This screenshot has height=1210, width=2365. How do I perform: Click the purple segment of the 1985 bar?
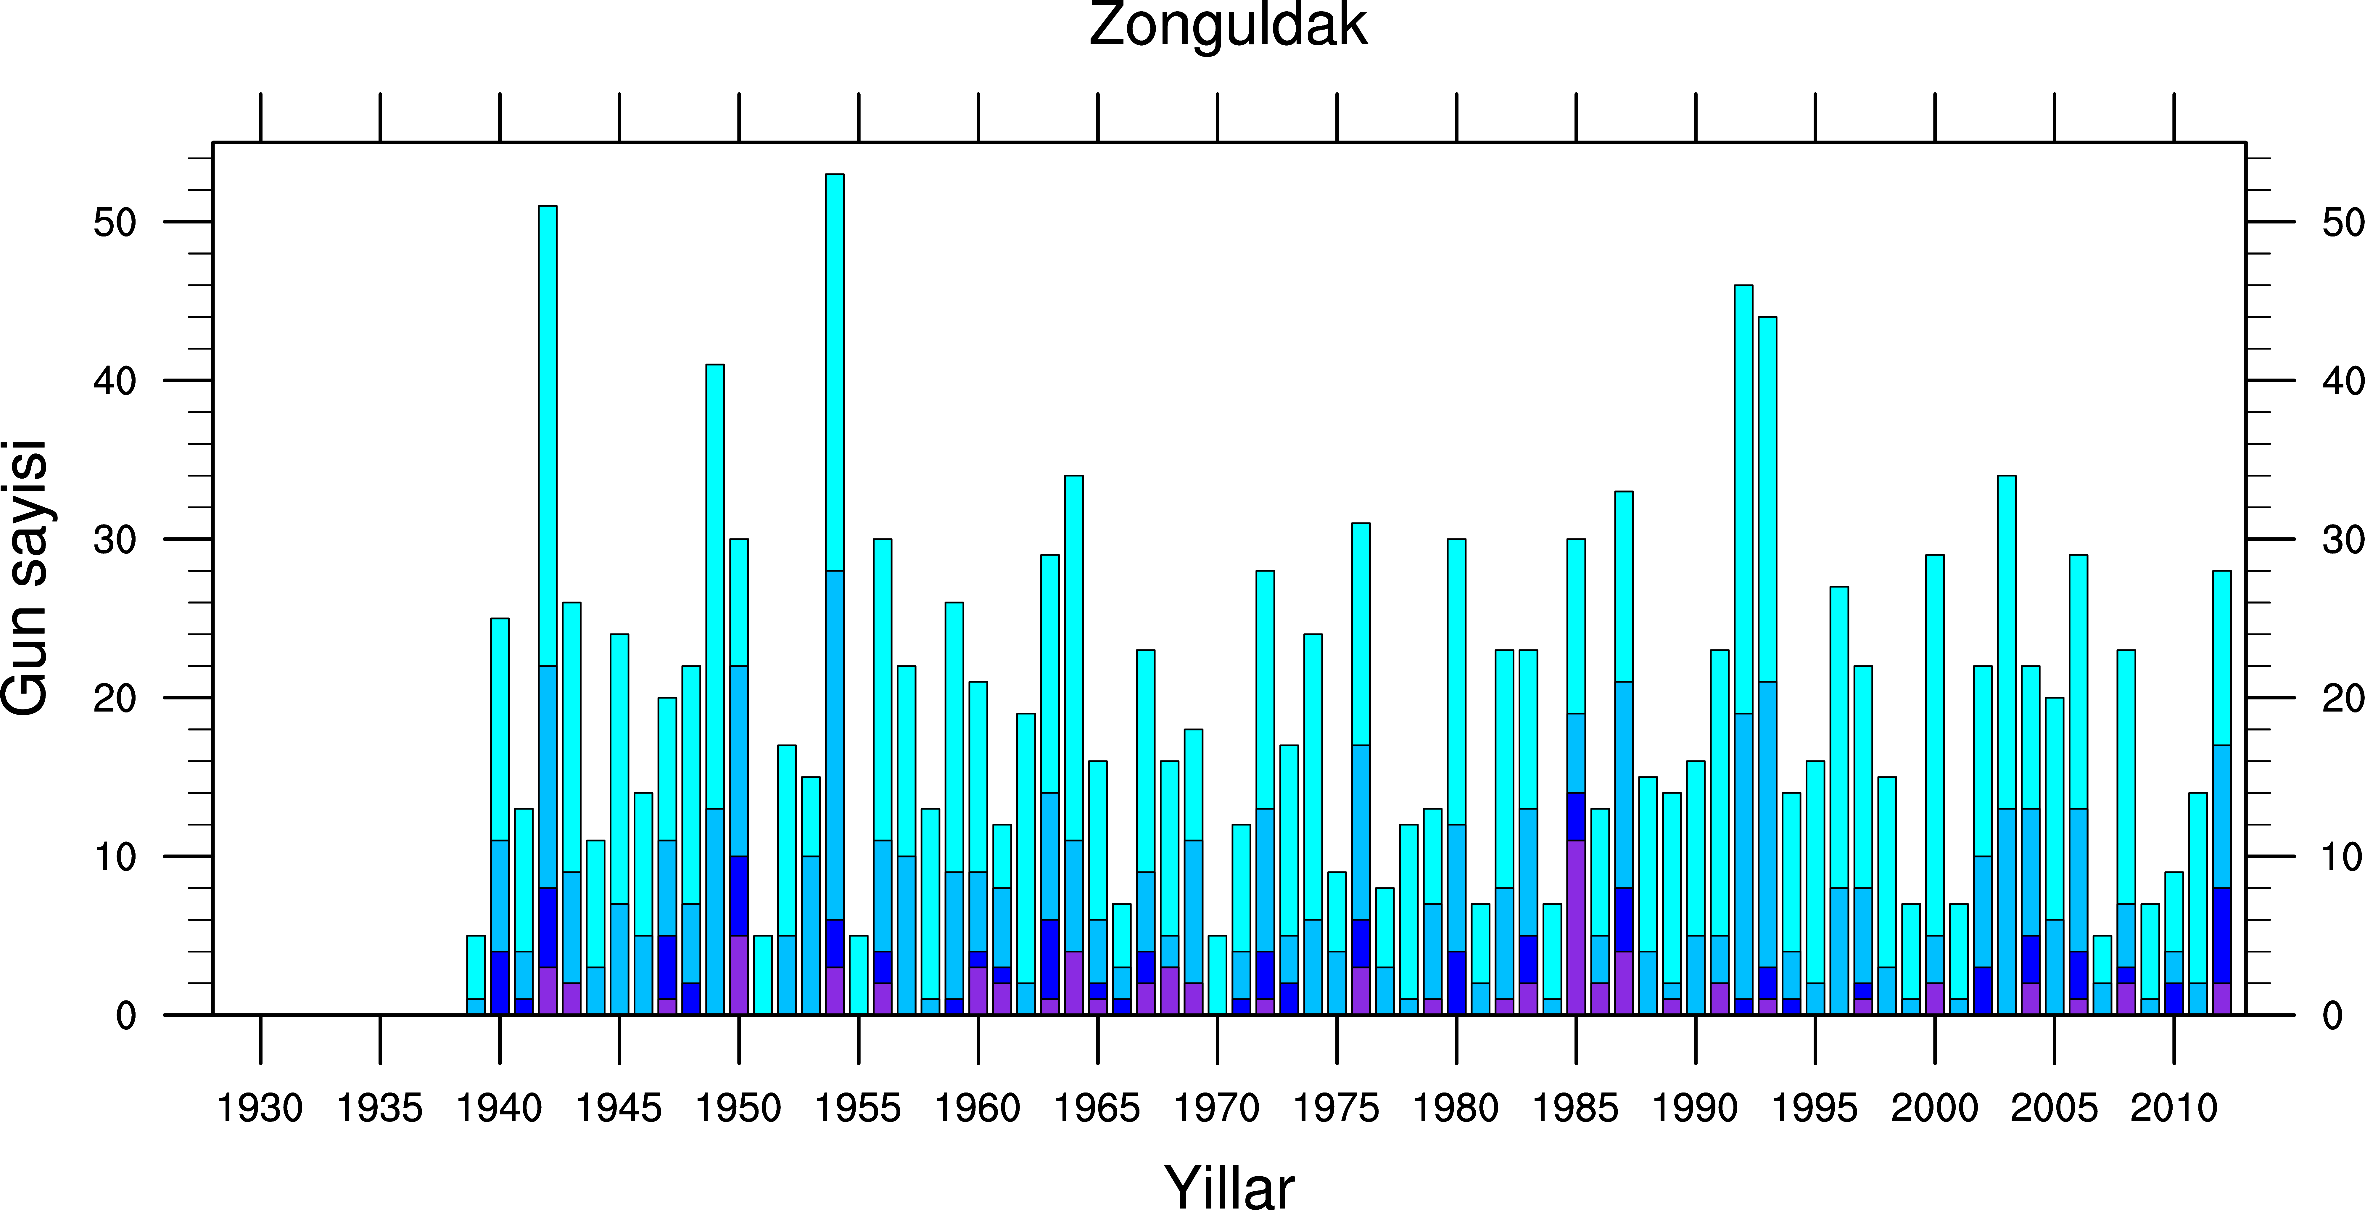coord(1576,927)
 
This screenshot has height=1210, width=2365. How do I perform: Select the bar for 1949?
coord(715,688)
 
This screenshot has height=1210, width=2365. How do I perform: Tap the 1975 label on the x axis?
coord(1337,1108)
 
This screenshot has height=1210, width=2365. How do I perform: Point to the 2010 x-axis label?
coord(2174,1108)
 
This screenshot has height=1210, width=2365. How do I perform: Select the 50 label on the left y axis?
coord(115,222)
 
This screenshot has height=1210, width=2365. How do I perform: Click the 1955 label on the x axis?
coord(858,1108)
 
